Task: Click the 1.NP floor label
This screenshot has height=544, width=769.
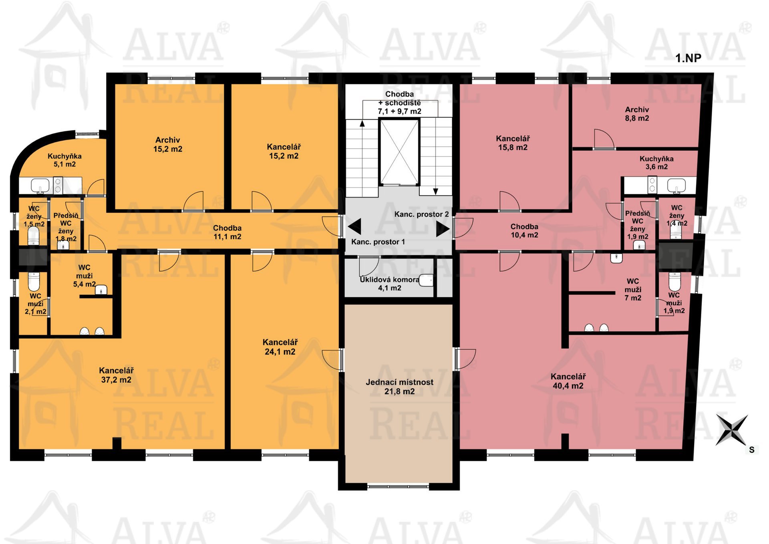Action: click(x=688, y=58)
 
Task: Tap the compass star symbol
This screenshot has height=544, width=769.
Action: click(x=732, y=430)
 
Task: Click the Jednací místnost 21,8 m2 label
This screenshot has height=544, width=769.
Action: click(x=399, y=387)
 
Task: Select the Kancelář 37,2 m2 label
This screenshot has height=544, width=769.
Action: click(x=116, y=375)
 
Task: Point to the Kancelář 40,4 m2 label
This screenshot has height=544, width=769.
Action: click(x=568, y=381)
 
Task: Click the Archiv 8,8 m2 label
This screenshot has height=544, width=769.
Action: click(x=637, y=114)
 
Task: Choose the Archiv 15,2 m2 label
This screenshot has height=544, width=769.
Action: click(x=168, y=144)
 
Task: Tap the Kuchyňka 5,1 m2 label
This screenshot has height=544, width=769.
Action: click(x=64, y=160)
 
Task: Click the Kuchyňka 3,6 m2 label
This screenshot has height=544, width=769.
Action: click(x=656, y=163)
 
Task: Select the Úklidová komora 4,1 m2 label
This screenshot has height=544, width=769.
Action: click(x=389, y=284)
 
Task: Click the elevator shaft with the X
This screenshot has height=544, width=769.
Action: click(x=399, y=152)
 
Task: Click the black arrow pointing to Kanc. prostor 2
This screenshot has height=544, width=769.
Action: click(x=443, y=229)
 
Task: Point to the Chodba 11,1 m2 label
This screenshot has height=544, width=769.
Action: click(x=227, y=232)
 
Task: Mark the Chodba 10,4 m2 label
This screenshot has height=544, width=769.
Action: click(x=524, y=231)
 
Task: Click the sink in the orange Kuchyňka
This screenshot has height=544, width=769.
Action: click(x=40, y=185)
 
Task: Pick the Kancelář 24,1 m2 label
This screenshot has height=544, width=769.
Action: click(x=280, y=347)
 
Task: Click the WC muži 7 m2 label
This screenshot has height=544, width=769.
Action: click(x=633, y=289)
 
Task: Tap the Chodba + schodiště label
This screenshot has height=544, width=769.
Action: click(x=399, y=103)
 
